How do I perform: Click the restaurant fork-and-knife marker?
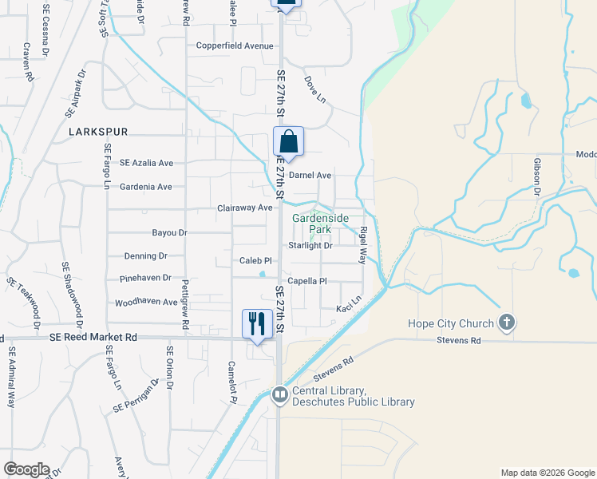[255, 324]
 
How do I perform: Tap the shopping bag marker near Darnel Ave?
[288, 142]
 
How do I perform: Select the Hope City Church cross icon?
[505, 323]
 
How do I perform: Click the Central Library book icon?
[279, 394]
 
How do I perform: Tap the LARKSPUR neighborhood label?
[98, 131]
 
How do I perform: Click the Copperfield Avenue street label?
[235, 46]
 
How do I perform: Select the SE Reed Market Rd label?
[93, 338]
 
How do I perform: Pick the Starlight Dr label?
[310, 245]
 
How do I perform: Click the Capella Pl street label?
[308, 281]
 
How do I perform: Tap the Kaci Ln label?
[349, 308]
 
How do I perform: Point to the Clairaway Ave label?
[245, 208]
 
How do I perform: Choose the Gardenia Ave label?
[145, 187]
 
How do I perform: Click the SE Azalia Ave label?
[146, 163]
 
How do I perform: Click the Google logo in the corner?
[26, 469]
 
